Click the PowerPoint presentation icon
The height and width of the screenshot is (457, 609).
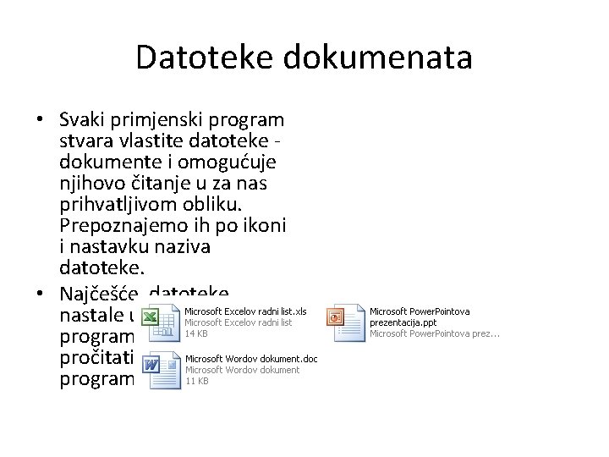tap(347, 322)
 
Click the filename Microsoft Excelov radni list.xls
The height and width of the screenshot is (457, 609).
tap(245, 311)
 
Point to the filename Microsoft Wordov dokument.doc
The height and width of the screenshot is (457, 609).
tap(251, 359)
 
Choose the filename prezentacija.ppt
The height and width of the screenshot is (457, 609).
tap(403, 322)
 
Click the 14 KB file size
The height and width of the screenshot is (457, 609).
tap(196, 333)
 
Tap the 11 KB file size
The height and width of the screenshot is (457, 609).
tap(196, 381)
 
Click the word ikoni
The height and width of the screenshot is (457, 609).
tap(264, 225)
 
